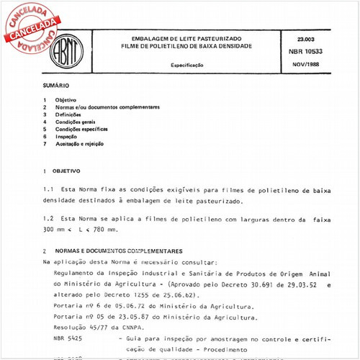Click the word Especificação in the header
(x=186, y=65)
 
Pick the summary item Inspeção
(x=66, y=136)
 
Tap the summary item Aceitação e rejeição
(x=79, y=143)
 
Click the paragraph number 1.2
(x=49, y=217)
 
